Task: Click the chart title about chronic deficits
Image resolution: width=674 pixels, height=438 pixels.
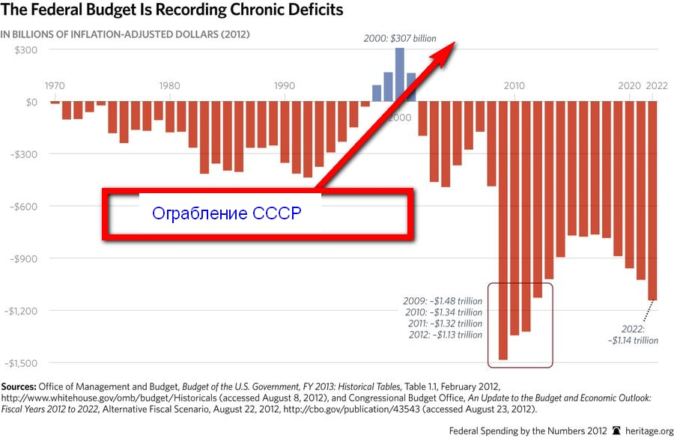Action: tap(172, 10)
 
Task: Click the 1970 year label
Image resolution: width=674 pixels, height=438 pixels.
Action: tap(54, 86)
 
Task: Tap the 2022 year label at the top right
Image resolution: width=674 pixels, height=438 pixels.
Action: tap(658, 86)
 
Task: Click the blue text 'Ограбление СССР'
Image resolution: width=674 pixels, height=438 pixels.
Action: tap(226, 213)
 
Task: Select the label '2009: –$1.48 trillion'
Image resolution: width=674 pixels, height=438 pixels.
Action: tap(443, 301)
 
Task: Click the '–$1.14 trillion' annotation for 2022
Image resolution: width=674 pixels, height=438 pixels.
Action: tap(633, 340)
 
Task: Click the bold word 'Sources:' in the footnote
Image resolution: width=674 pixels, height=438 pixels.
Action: tap(18, 385)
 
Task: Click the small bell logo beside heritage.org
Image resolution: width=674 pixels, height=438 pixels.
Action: tap(617, 431)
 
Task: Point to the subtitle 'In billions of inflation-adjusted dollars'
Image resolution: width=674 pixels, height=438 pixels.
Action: tap(124, 34)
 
